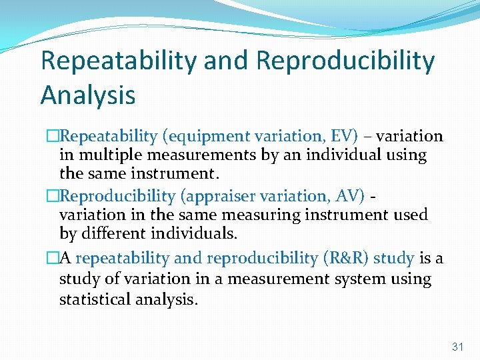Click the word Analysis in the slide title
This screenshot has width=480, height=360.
87,95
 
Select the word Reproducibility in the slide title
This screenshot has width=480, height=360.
345,61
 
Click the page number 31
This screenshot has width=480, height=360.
457,347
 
